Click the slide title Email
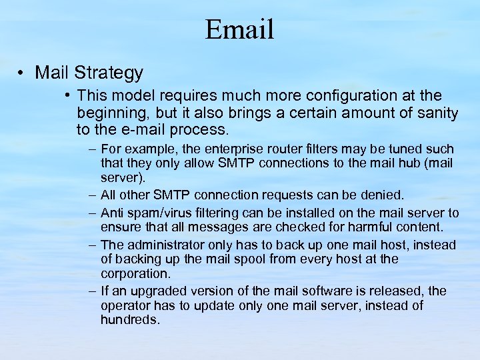click(x=239, y=29)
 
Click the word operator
click(x=125, y=306)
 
